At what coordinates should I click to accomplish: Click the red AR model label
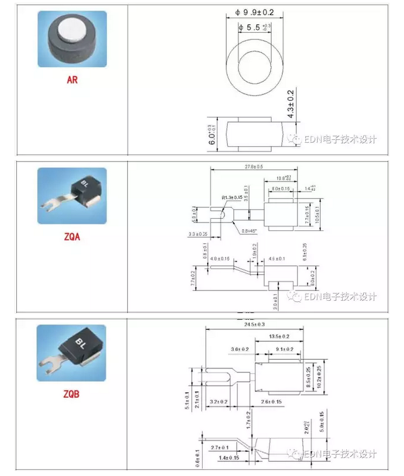pyautogui.click(x=72, y=80)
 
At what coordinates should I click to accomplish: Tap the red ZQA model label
pyautogui.click(x=72, y=237)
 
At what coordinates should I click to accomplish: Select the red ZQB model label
pyautogui.click(x=71, y=394)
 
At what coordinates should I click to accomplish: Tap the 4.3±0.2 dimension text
pyautogui.click(x=291, y=104)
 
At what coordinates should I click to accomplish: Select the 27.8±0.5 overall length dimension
pyautogui.click(x=253, y=167)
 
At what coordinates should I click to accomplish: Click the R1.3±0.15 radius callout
pyautogui.click(x=232, y=198)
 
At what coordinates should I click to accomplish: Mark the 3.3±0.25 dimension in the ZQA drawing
pyautogui.click(x=198, y=234)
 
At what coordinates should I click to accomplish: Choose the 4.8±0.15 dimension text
pyautogui.click(x=220, y=259)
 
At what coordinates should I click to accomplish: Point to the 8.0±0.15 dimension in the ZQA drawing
pyautogui.click(x=281, y=189)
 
